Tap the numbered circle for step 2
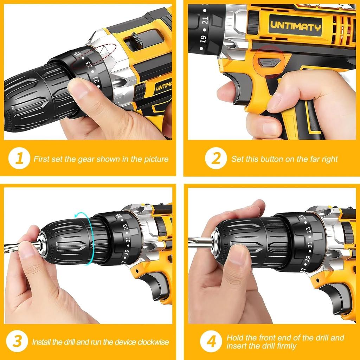tap(216, 159)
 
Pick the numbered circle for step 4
tap(211, 341)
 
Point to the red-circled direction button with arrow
tap(269, 63)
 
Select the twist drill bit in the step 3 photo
tap(19, 246)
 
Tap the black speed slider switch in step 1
tap(137, 40)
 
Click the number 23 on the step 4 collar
tap(308, 231)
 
